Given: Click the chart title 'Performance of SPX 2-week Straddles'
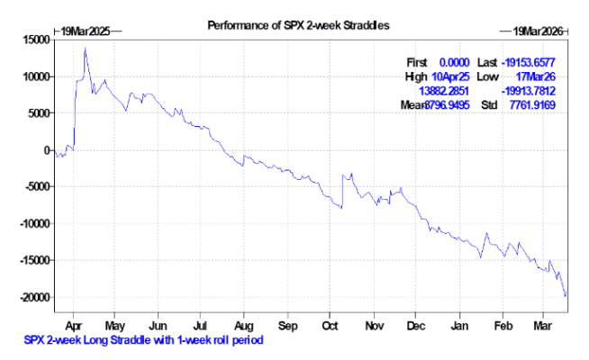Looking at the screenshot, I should click(x=298, y=24).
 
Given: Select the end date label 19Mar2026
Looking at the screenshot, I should click(x=537, y=31).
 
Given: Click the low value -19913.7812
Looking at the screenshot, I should click(x=531, y=91).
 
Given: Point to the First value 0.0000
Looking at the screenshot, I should click(x=458, y=61).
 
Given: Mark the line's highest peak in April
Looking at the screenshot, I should click(x=85, y=49).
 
